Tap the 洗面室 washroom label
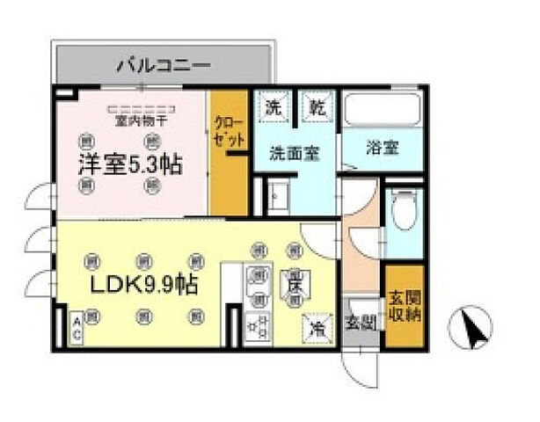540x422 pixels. coord(293,150)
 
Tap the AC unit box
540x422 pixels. coord(77,330)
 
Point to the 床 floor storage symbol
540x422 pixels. coord(293,283)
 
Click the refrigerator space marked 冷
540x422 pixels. coord(314,327)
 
